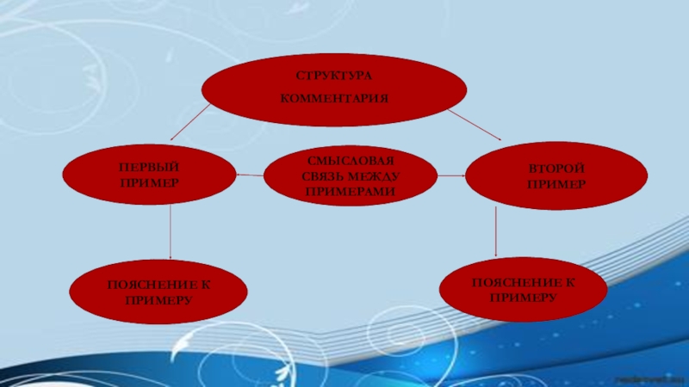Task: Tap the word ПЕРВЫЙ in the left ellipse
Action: tap(150, 167)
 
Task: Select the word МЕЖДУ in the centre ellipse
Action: tap(378, 177)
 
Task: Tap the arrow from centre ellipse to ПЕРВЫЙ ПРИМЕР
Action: tap(250, 176)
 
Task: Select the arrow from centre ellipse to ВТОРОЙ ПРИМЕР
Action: tap(452, 176)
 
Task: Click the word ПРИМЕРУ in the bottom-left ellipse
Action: tap(158, 300)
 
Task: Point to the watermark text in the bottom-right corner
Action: tap(653, 379)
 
